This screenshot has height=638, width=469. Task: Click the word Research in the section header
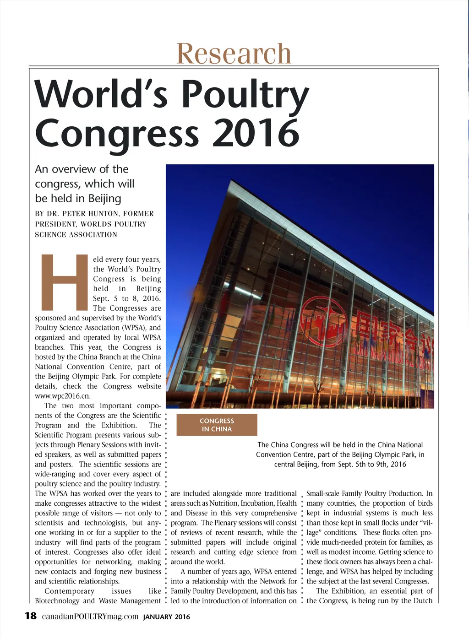point(234,54)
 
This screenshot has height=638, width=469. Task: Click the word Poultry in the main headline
point(245,95)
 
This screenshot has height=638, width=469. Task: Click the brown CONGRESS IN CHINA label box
point(217,425)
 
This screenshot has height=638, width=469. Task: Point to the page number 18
point(30,616)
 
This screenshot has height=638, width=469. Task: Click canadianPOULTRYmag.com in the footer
point(90,616)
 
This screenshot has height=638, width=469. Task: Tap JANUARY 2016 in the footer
point(166,617)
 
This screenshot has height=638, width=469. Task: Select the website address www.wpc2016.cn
point(60,396)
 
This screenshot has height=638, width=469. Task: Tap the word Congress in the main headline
point(117,133)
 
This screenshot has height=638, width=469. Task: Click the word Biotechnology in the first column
point(57,600)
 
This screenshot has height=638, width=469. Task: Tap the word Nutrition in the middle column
point(223,503)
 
